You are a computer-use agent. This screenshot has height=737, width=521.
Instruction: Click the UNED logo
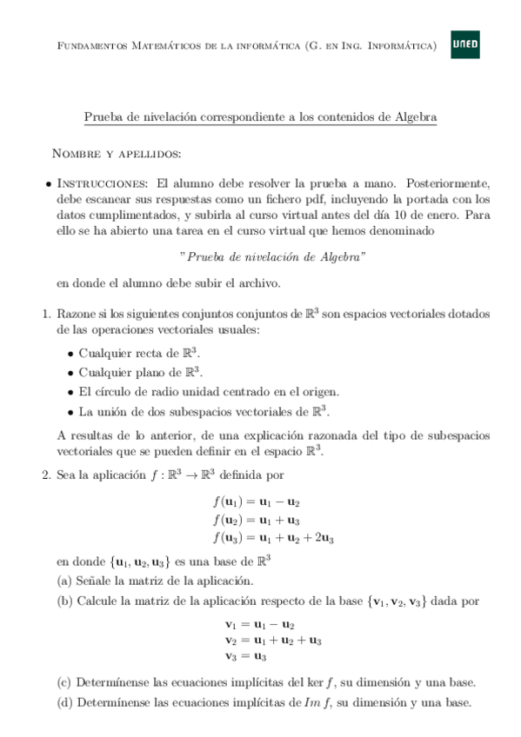(464, 46)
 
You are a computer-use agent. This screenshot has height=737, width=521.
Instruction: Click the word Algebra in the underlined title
(415, 116)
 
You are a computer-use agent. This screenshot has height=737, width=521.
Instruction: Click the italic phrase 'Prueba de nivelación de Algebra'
(271, 257)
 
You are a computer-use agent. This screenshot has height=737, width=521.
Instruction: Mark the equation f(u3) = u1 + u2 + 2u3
(273, 539)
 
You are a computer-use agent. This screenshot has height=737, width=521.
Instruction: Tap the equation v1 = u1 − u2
(259, 624)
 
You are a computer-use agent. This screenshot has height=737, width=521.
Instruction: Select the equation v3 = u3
(245, 656)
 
